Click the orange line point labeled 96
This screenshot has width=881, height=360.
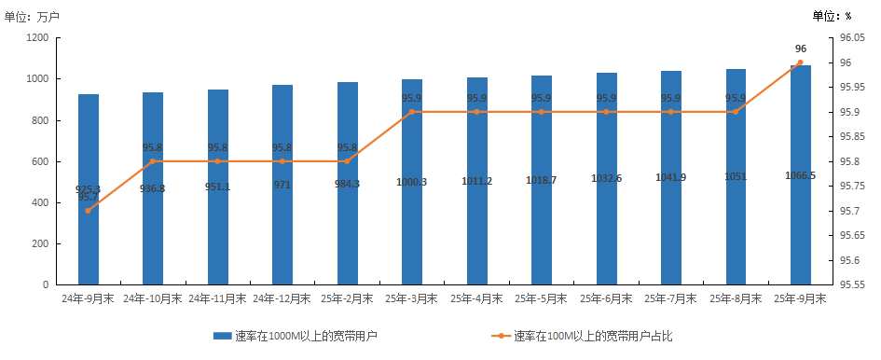(x=801, y=62)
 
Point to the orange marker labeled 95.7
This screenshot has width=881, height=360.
(x=89, y=211)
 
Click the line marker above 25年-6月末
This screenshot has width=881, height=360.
(x=606, y=112)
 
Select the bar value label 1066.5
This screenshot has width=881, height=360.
(x=801, y=174)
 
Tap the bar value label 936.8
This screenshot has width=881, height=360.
(x=153, y=188)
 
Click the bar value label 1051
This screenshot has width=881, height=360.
(x=736, y=176)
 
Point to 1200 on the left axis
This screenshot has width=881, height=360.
(x=37, y=38)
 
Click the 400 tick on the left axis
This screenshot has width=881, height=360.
(x=40, y=202)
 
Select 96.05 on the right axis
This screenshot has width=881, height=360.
(x=853, y=38)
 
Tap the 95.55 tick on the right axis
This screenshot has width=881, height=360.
(x=853, y=284)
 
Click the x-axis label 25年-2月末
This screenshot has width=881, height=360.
(x=347, y=299)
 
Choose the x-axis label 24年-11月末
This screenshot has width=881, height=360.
(x=217, y=299)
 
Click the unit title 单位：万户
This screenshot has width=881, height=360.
(x=31, y=16)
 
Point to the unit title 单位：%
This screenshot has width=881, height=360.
(x=832, y=16)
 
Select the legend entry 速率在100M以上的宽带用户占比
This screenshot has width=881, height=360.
(x=592, y=336)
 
